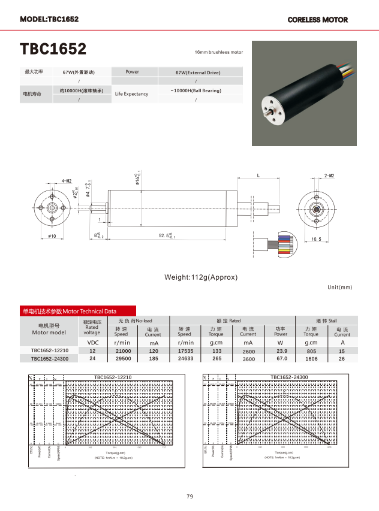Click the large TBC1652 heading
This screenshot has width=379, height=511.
[x=53, y=49]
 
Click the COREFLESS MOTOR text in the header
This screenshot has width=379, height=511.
[x=317, y=20]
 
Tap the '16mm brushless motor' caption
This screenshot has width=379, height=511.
[x=219, y=53]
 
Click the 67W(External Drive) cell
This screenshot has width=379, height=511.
[x=198, y=72]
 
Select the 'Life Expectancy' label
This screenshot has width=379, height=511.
[x=131, y=94]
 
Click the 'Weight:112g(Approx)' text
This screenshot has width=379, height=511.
[x=201, y=277]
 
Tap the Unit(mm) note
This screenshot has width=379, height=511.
[x=340, y=288]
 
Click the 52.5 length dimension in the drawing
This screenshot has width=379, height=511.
[x=166, y=236]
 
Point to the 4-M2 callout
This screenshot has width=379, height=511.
[x=66, y=180]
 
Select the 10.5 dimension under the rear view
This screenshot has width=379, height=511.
[x=316, y=239]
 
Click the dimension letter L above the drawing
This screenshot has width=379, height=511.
[x=258, y=176]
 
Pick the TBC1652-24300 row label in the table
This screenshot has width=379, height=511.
[x=49, y=359]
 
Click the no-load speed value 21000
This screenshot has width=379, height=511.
[x=123, y=350]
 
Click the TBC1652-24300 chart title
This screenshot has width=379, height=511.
[x=289, y=377]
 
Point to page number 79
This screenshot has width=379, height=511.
[x=189, y=496]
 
